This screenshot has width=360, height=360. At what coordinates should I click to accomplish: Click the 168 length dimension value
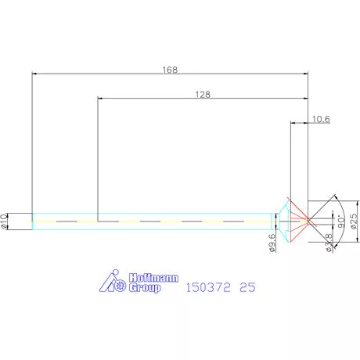pyautogui.click(x=170, y=70)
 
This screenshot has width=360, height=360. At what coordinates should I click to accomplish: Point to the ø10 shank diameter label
pyautogui.click(x=5, y=221)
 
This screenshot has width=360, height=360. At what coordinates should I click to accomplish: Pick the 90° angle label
pyautogui.click(x=341, y=221)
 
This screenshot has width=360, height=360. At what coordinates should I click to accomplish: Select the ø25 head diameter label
pyautogui.click(x=354, y=222)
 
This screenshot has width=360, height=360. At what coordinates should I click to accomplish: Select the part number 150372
pyautogui.click(x=207, y=287)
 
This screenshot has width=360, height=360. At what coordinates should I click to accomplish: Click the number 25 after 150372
pyautogui.click(x=248, y=287)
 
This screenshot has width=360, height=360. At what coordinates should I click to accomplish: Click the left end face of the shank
pyautogui.click(x=32, y=221)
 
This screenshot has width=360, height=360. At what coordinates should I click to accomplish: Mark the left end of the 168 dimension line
pyautogui.click(x=33, y=74)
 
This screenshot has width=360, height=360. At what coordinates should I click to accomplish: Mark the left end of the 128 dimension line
pyautogui.click(x=99, y=99)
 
